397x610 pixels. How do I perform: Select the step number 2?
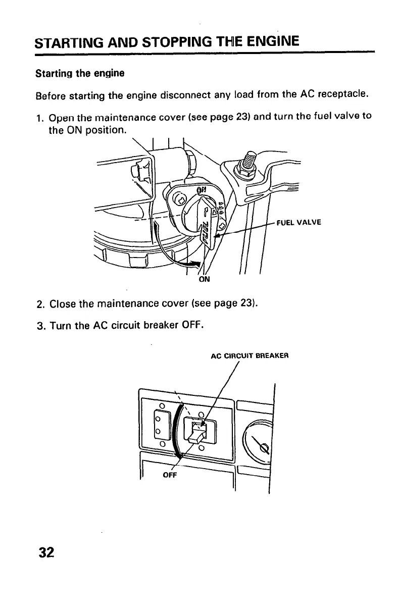tap(39, 305)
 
